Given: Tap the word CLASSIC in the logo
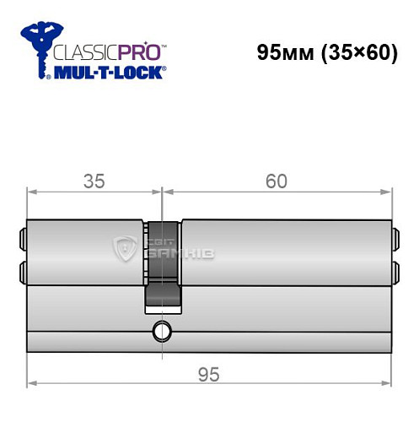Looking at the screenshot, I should pyautogui.click(x=83, y=52).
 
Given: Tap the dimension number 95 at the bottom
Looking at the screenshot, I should pyautogui.click(x=210, y=373).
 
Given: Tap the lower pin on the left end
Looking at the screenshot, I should pyautogui.click(x=23, y=270).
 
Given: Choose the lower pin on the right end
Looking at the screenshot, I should pyautogui.click(x=395, y=270).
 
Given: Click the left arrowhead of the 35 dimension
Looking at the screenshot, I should pyautogui.click(x=32, y=193).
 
